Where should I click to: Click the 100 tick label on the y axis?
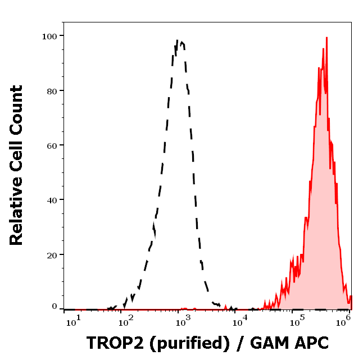(49, 36)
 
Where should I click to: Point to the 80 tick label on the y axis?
(52, 90)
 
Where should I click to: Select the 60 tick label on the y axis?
(52, 145)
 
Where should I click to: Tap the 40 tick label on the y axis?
(52, 199)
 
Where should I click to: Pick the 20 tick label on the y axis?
(52, 254)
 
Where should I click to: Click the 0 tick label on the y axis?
(55, 307)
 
